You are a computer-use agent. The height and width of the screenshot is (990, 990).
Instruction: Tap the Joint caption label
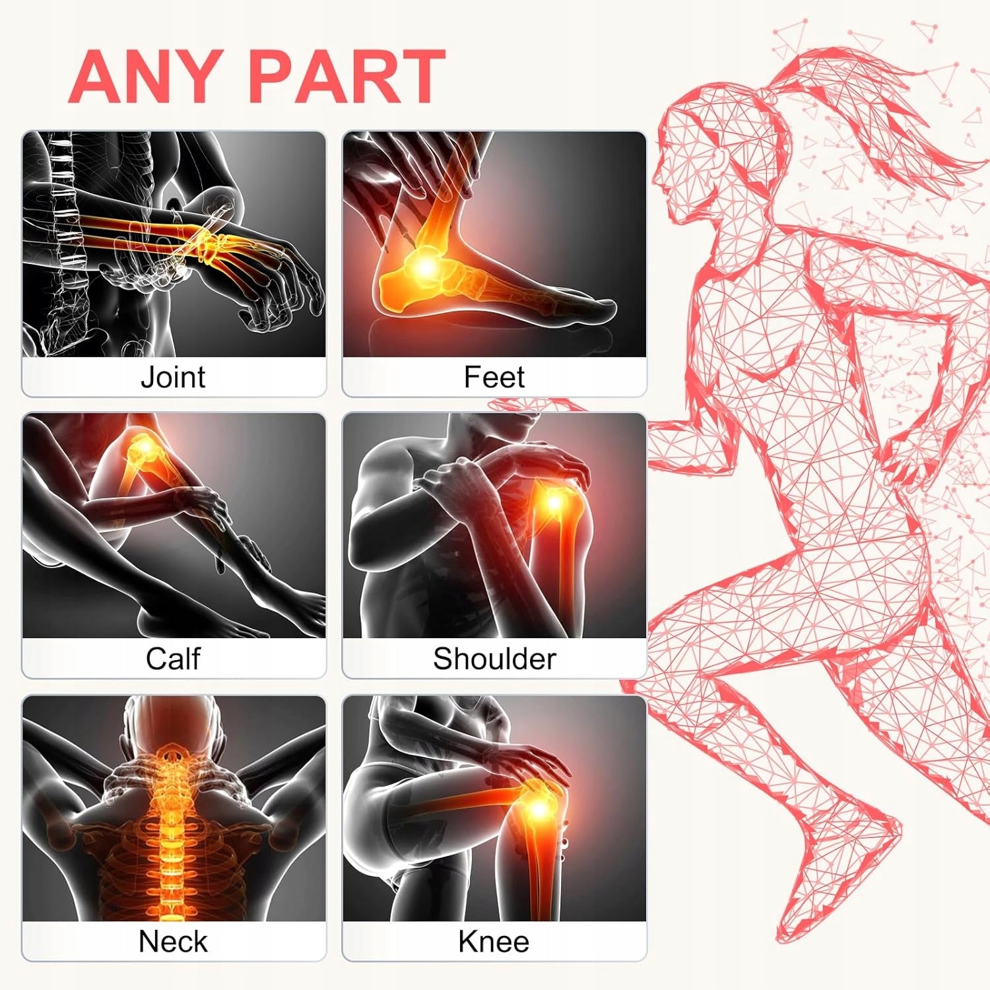click(x=173, y=377)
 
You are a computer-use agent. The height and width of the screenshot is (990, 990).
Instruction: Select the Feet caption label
click(x=494, y=377)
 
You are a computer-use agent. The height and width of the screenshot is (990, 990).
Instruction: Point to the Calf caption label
click(x=173, y=659)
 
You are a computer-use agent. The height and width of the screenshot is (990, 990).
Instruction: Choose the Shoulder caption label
click(x=494, y=659)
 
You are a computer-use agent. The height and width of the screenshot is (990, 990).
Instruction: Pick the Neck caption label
click(x=173, y=941)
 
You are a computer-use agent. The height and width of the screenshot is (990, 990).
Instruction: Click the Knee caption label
click(x=494, y=941)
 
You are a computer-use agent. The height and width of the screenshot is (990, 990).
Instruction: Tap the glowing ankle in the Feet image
click(x=426, y=266)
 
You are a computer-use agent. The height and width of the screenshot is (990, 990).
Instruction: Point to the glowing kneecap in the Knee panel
click(x=538, y=807)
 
